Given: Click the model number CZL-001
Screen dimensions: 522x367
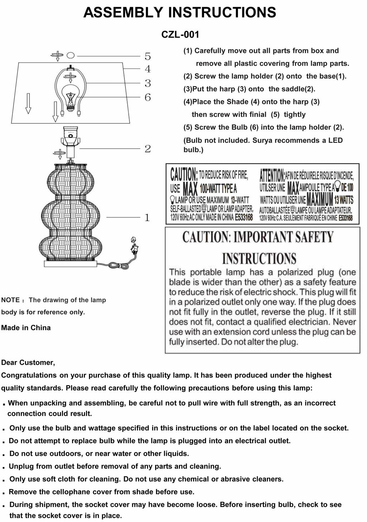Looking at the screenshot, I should click(180, 35).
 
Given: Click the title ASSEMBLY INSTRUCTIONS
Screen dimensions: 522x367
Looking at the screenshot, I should click(180, 13).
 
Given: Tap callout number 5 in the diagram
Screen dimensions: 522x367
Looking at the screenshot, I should click(148, 56).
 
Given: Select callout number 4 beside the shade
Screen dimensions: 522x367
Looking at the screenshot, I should click(148, 69).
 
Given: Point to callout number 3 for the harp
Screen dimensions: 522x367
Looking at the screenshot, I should click(148, 83).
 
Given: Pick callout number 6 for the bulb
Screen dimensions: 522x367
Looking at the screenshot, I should click(148, 97).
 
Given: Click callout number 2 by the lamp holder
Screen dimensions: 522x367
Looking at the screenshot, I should click(148, 148).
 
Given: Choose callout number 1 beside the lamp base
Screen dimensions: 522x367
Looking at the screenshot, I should click(147, 218).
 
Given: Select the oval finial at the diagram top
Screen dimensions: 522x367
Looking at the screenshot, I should click(71, 55).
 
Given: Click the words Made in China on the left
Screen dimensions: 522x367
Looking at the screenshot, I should click(26, 328).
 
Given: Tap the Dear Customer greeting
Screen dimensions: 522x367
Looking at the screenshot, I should click(28, 363).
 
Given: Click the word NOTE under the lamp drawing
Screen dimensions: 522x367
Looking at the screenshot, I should click(10, 300).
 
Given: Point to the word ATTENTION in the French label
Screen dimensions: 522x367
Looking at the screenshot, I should click(272, 175).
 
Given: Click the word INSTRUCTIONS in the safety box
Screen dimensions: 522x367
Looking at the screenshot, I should click(259, 258).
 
